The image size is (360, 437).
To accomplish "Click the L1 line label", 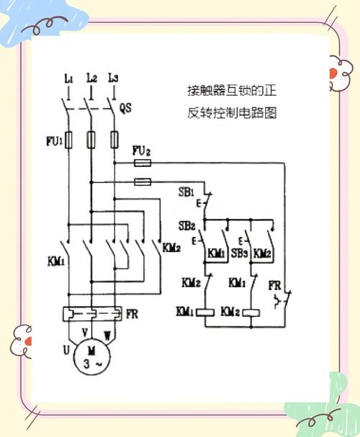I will tap(68, 77).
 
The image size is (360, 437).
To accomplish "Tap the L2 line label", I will tap(91, 77).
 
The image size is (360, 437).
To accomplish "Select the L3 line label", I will tap(112, 77).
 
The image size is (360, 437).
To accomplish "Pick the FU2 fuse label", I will tap(142, 151).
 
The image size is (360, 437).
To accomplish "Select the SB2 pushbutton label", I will tap(186, 226).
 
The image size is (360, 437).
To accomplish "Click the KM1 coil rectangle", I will tap(207, 312).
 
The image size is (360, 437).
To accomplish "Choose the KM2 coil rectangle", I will tap(252, 312).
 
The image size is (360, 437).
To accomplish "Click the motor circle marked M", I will tap(91, 355).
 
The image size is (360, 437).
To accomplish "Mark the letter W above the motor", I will tap(108, 334).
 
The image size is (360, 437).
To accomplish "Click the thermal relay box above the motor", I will tap(91, 315).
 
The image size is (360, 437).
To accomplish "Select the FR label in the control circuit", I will tap(274, 285).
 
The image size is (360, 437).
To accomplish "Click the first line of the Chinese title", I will tap(230, 91).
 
